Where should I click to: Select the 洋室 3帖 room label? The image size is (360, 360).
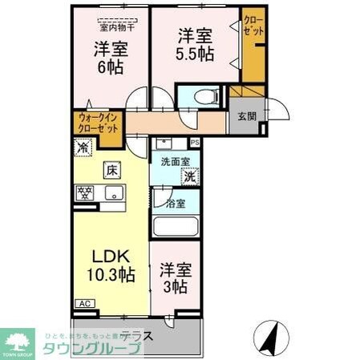pyautogui.click(x=173, y=278)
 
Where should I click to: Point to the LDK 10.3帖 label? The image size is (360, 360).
pyautogui.click(x=111, y=266)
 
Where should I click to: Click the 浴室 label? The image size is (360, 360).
pyautogui.click(x=176, y=203)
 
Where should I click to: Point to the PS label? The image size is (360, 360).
pyautogui.click(x=195, y=143)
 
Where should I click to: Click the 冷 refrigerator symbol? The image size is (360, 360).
pyautogui.click(x=82, y=148)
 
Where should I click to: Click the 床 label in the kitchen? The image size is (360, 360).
pyautogui.click(x=111, y=170)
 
